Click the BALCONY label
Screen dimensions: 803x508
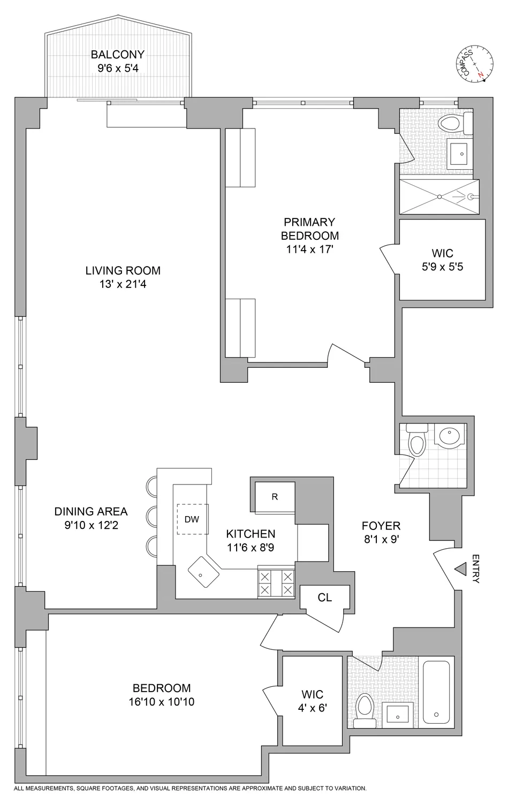coord(117,54)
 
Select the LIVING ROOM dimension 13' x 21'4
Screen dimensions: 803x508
coord(123,284)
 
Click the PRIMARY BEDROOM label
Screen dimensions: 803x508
coord(310,229)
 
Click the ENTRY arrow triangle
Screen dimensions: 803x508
coord(460,571)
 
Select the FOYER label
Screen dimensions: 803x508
coord(381,526)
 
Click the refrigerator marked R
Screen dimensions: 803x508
coord(275,497)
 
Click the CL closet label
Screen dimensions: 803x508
coord(324,597)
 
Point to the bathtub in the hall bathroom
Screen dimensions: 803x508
coord(437,692)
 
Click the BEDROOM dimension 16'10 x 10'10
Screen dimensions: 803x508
coord(162,701)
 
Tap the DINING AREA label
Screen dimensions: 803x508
coord(91,511)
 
